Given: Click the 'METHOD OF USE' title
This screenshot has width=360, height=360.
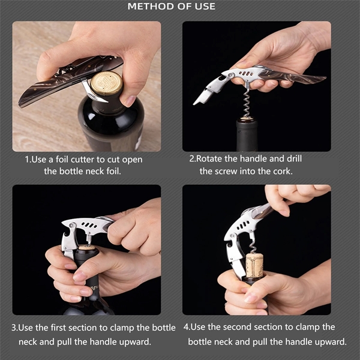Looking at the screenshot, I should coord(172,7).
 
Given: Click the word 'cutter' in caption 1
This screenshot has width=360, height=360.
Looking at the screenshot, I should coord(88,160).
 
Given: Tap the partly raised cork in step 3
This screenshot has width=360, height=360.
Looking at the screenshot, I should coord(88,247).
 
